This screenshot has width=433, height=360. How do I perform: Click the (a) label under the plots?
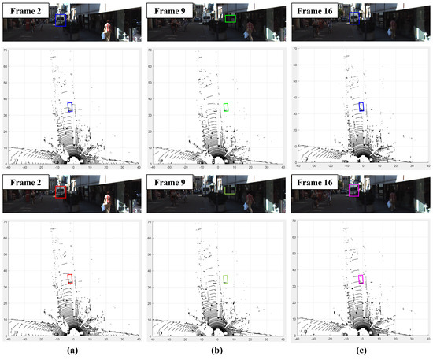(x=73, y=349)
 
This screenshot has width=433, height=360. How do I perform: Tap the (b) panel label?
(x=216, y=349)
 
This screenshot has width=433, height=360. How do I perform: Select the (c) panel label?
(x=361, y=349)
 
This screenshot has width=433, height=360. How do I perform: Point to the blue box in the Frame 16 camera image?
(x=354, y=18)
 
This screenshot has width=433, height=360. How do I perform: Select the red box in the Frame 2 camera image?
(x=61, y=191)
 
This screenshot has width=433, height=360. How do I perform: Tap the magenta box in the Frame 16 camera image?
(x=354, y=190)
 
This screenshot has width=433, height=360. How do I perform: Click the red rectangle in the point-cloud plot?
(x=69, y=278)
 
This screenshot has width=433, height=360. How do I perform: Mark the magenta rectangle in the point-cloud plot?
(x=361, y=278)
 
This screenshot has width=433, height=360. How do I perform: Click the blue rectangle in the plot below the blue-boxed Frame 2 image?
(x=69, y=106)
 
